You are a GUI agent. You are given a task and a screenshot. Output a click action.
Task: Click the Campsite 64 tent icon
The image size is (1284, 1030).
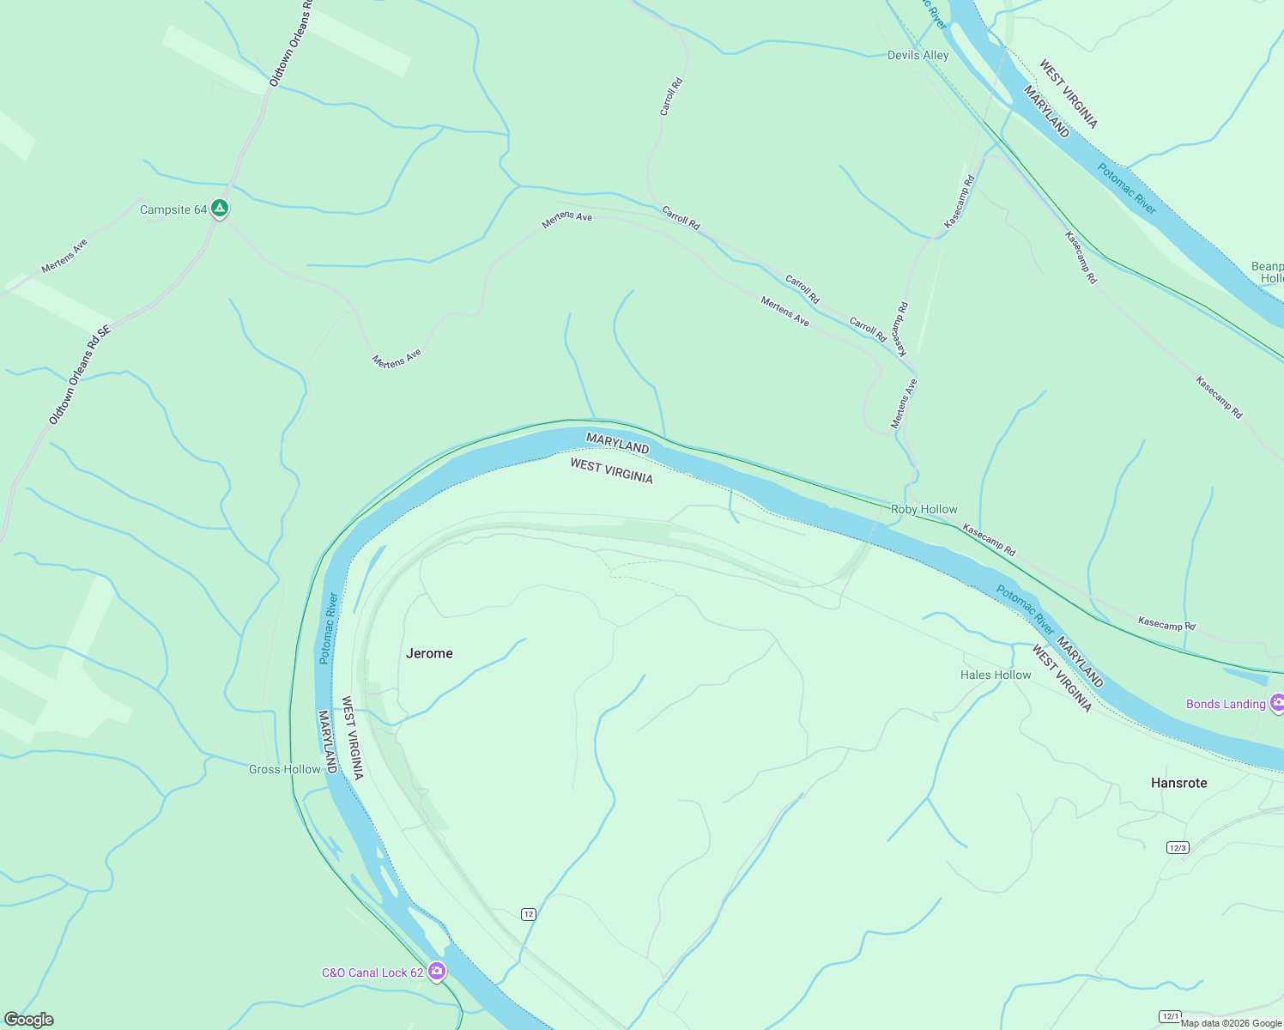(x=220, y=209)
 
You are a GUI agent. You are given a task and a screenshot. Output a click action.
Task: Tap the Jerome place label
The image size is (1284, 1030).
(x=429, y=653)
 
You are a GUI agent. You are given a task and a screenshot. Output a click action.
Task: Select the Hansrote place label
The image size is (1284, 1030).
(x=1178, y=783)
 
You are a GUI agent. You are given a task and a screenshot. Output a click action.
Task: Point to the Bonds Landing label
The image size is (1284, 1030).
(x=1226, y=704)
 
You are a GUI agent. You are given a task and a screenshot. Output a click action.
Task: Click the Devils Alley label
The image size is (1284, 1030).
(x=918, y=55)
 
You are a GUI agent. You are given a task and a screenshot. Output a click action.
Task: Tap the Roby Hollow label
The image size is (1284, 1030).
(x=924, y=509)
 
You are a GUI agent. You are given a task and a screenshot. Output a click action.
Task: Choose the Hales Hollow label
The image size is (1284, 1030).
(x=996, y=675)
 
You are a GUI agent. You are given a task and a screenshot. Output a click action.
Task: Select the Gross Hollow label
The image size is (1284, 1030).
(x=284, y=769)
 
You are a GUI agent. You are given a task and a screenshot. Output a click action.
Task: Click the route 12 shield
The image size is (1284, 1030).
(x=529, y=914)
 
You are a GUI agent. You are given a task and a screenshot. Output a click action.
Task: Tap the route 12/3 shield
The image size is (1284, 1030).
(x=1177, y=848)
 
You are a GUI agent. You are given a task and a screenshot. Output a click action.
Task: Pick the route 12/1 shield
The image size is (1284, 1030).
(x=1170, y=1016)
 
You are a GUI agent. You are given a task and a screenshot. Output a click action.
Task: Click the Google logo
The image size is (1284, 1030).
(x=29, y=1020)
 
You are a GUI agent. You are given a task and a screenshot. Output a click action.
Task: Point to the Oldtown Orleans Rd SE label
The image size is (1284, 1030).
(x=80, y=374)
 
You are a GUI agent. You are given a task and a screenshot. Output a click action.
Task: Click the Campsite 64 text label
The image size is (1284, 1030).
(x=173, y=209)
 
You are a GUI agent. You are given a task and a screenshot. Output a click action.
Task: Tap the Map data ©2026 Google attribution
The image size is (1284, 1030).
(x=1231, y=1023)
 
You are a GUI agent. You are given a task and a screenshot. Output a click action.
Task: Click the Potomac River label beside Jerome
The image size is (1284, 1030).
(x=329, y=627)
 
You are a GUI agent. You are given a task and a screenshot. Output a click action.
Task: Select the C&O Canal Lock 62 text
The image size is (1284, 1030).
(x=372, y=972)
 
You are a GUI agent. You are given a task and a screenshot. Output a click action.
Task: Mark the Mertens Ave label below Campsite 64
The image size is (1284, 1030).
(x=64, y=257)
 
